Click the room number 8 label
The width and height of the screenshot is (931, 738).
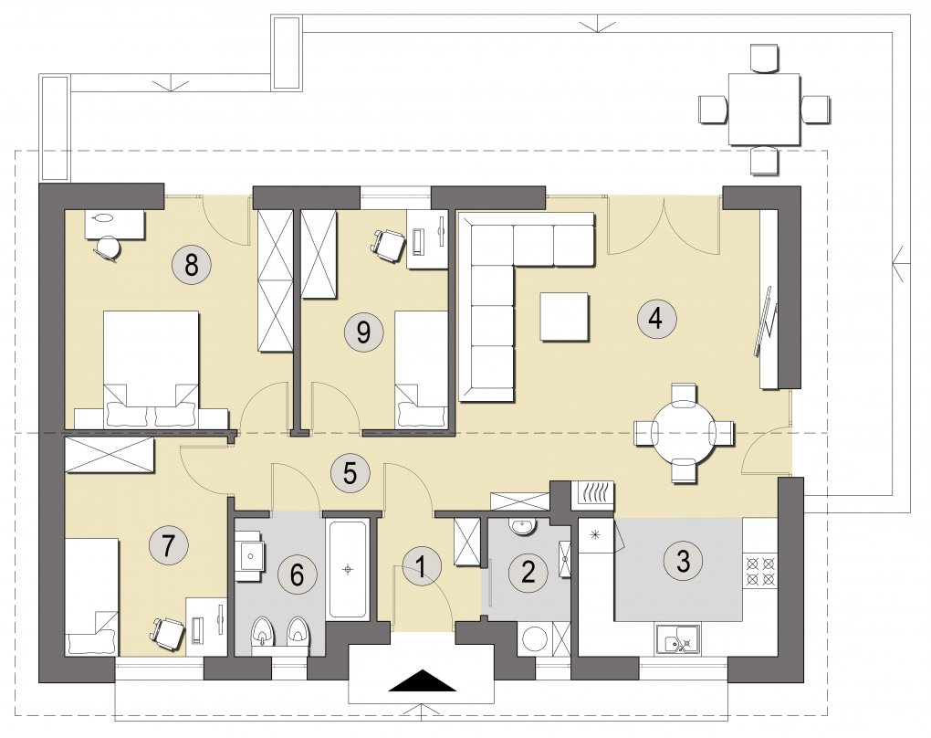coord(191,265)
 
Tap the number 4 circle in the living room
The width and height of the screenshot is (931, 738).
coord(655,319)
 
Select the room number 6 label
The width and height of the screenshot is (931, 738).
coord(298,575)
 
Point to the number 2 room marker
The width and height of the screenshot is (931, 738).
coord(528,571)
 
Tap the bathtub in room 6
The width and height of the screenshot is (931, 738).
coord(348,570)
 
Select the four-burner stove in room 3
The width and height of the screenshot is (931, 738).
coord(760,571)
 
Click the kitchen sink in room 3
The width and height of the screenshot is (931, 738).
coord(677,639)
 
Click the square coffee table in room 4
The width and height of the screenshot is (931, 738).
coord(565,317)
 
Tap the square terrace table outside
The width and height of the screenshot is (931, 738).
coord(764,110)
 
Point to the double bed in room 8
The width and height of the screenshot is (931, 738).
coord(152,368)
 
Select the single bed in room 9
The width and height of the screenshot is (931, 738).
coord(422,368)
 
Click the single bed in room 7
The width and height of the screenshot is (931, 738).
coord(91,596)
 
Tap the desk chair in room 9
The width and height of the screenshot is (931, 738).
coord(386,244)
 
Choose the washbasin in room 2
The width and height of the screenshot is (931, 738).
coord(522,526)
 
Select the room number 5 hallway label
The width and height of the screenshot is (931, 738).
coord(350,473)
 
